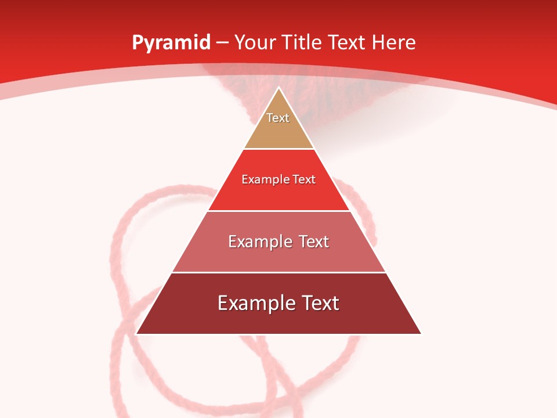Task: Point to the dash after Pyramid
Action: pos(222,43)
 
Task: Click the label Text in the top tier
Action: pos(278,118)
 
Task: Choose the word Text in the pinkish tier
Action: pos(314,242)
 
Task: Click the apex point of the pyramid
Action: pos(278,88)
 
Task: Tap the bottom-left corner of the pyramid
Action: pos(137,333)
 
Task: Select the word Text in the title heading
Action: pos(350,43)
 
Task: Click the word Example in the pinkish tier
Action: pos(259,242)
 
